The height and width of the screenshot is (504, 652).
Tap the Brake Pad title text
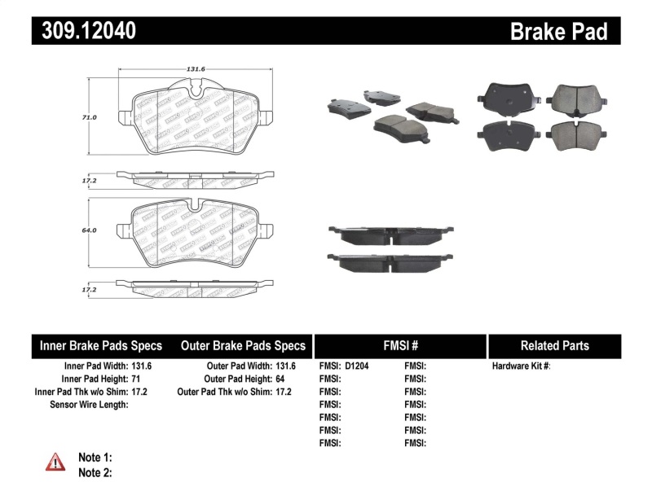pos(558,31)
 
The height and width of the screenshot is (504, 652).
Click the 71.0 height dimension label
pos(90,117)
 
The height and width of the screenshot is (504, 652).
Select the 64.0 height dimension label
pos(90,230)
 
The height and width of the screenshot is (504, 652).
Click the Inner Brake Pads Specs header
pos(101,345)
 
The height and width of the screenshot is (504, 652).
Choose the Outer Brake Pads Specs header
pos(243,345)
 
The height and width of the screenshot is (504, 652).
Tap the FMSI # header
pos(399,345)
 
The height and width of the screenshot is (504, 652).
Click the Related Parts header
pos(554,345)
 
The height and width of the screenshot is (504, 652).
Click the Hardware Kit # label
pos(522,366)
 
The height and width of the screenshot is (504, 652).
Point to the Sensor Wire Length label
pos(89,405)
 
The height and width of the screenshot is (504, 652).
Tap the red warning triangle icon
pos(55,462)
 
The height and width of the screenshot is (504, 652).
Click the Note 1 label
pos(95,458)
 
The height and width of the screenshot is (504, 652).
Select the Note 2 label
pos(95,472)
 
